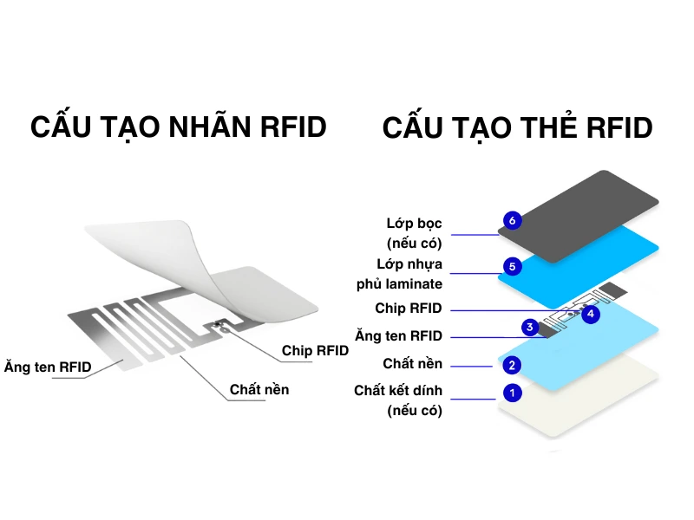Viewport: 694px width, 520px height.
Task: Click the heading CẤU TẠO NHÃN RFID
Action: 179,127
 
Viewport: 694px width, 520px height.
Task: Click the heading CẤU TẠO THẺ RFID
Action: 517,128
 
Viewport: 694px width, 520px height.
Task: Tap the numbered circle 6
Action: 513,221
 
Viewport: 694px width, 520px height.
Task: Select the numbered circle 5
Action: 513,267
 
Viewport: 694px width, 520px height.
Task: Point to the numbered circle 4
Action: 591,314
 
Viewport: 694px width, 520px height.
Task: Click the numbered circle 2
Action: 513,365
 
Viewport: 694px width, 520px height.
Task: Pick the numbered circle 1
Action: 513,393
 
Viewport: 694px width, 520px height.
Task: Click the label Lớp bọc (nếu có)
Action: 414,233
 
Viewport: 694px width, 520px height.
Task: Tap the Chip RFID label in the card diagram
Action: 408,309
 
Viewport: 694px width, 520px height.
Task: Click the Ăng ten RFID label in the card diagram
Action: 398,335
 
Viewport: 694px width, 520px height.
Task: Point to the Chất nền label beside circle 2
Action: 412,363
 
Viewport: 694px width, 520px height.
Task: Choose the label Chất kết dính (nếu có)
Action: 398,400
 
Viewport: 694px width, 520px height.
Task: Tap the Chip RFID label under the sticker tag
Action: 315,351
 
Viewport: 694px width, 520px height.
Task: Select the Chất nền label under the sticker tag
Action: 259,389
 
